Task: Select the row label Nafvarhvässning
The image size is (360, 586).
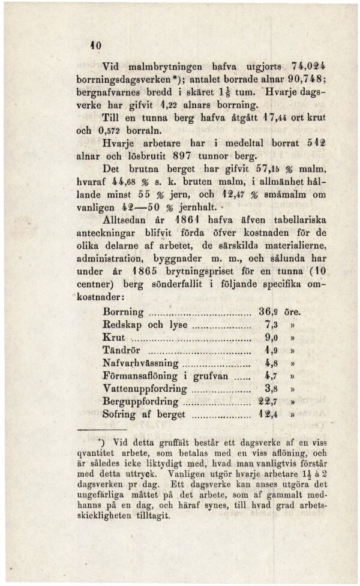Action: click(140, 363)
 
